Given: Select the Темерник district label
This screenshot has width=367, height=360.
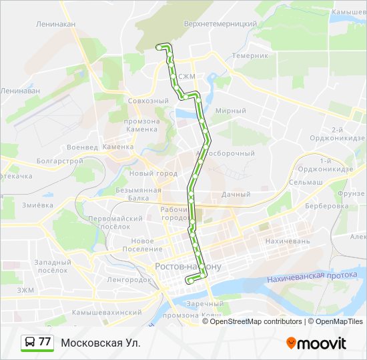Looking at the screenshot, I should (x=251, y=56).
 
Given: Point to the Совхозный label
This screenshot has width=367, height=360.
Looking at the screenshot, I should (x=147, y=101).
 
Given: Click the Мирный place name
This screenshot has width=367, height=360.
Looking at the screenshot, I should (x=232, y=111).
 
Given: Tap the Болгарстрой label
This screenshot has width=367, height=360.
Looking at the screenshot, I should (x=60, y=161).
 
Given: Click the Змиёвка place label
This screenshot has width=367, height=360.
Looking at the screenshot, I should (x=37, y=205).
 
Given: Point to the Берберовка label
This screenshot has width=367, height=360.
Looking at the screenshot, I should (x=328, y=206).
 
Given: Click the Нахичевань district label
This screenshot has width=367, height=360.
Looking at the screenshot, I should (x=288, y=241).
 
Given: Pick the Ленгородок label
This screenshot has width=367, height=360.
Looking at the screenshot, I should (x=128, y=279).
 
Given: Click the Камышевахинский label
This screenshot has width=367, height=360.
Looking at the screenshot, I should (x=107, y=312).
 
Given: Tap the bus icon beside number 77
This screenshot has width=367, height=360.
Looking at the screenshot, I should (x=29, y=342).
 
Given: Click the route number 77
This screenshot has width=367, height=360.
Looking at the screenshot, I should (x=45, y=342).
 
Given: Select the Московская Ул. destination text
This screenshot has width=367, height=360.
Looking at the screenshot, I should (x=101, y=343).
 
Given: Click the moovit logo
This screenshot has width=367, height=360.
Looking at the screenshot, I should (x=316, y=343).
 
